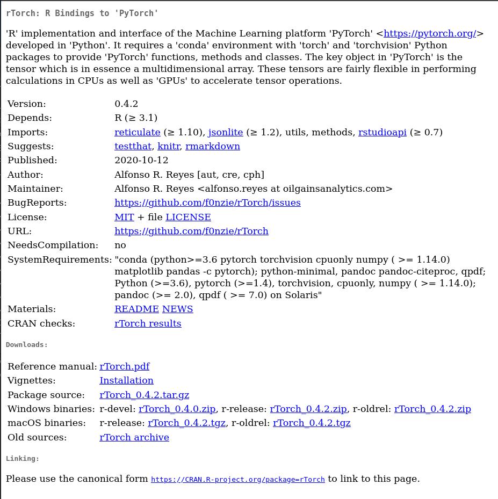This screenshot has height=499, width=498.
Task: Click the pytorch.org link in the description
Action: click(x=430, y=33)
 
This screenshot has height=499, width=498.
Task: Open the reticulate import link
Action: click(x=137, y=132)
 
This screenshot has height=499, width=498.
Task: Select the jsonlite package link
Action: click(x=225, y=132)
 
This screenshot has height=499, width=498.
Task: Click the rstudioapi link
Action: click(x=382, y=132)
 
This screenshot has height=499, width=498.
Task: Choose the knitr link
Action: click(x=168, y=146)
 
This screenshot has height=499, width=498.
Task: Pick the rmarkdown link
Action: click(x=212, y=146)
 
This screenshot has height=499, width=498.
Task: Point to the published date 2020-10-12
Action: click(x=141, y=160)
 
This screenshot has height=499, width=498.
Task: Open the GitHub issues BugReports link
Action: click(x=207, y=203)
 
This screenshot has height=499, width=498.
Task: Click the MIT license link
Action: click(x=124, y=217)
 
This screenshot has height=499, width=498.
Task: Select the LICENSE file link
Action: click(x=188, y=217)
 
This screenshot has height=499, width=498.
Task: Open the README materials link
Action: click(x=136, y=309)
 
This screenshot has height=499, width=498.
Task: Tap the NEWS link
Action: click(x=177, y=309)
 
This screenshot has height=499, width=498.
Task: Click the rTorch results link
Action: click(x=148, y=323)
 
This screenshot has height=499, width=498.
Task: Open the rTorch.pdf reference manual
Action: click(x=124, y=366)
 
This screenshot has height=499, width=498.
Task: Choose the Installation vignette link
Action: click(x=126, y=380)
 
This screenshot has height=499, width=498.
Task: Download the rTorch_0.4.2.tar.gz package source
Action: click(x=144, y=395)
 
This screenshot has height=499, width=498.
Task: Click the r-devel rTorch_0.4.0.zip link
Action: click(x=177, y=409)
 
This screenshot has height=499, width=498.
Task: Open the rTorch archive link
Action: click(x=134, y=437)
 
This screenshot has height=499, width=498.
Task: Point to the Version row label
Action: click(x=26, y=104)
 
